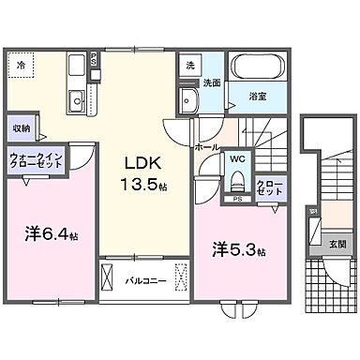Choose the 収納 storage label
coord(22,127)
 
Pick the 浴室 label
coord(256,95)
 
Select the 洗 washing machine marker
coord(189,67)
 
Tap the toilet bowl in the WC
coord(237,180)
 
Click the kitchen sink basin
coord(75,98)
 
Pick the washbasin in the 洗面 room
coord(188,101)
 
